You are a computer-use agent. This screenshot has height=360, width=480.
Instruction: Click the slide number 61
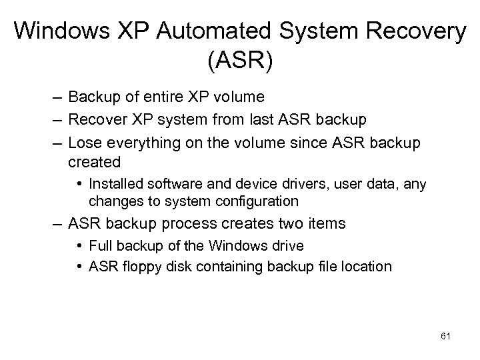[x=446, y=337]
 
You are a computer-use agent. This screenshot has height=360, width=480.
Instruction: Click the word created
[x=94, y=161]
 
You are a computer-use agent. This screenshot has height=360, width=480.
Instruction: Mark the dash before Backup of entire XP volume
[x=59, y=97]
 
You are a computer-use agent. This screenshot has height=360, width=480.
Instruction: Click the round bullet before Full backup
[x=79, y=246]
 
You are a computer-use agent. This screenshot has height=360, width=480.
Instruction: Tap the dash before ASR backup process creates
[x=59, y=223]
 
